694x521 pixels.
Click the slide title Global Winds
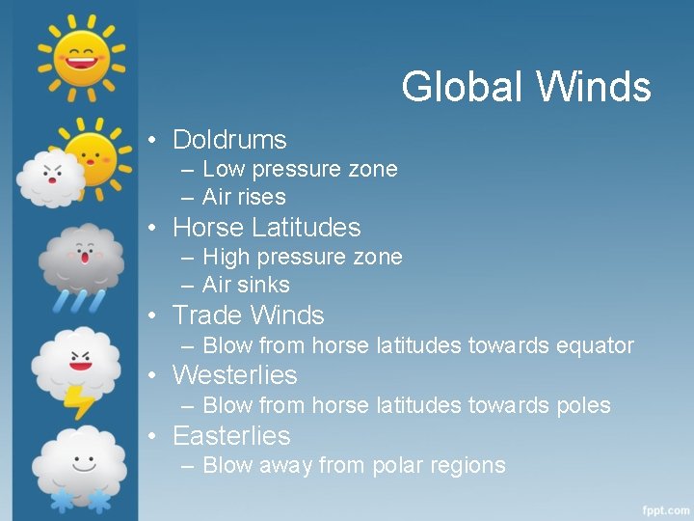525,87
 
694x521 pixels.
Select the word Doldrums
229,140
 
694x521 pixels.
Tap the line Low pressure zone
300,170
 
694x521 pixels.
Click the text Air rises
244,198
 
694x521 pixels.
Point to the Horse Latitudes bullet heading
266,228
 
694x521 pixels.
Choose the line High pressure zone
302,258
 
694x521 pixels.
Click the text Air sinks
246,286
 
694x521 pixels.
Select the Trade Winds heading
248,315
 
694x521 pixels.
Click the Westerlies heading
234,375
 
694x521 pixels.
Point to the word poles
583,406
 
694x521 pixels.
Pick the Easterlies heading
230,436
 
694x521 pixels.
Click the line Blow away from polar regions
354,466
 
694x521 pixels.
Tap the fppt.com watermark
664,507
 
